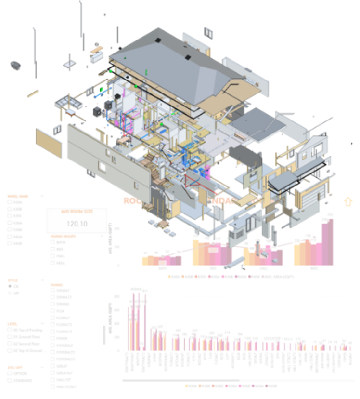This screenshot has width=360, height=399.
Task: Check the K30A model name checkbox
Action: tap(10, 203)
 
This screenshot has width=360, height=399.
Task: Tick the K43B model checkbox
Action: tap(10, 243)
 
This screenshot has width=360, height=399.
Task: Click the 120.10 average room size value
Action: tap(77, 224)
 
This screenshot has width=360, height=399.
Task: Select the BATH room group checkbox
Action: tap(53, 243)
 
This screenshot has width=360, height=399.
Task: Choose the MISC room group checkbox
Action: tap(53, 263)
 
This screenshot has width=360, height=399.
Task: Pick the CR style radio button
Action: tap(10, 286)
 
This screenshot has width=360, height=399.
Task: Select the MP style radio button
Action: tap(10, 293)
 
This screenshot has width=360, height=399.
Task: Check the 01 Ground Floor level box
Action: tap(10, 337)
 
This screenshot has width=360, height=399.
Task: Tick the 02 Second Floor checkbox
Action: tap(10, 344)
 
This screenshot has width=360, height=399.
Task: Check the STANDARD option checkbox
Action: tap(10, 381)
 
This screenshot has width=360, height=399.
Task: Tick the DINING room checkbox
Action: tap(53, 304)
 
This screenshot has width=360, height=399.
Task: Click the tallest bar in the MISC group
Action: tap(330, 241)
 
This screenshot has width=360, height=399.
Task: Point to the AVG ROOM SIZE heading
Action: tap(77, 212)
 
